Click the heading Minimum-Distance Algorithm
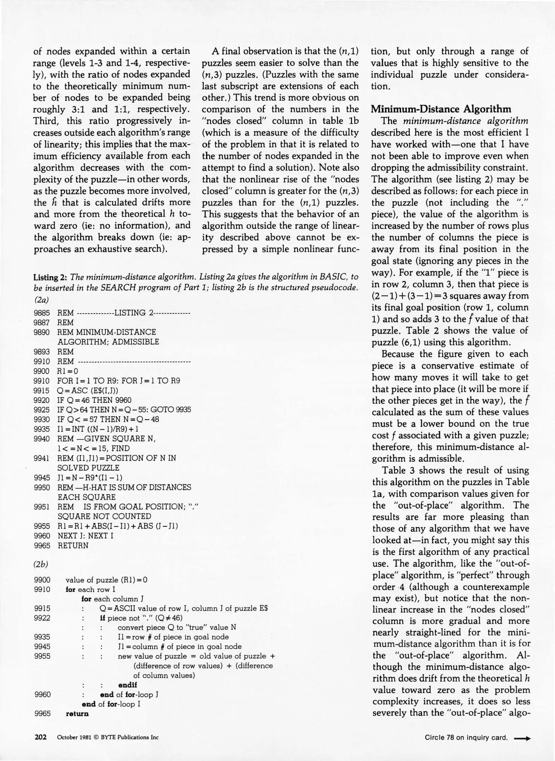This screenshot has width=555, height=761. coord(441,109)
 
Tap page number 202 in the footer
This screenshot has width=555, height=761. coord(41,737)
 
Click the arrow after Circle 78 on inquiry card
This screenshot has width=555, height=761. coord(522,738)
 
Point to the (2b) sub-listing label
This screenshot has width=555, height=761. coord(41,564)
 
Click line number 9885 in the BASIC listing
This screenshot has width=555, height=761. coord(42,313)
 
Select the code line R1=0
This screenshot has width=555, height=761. coord(68,371)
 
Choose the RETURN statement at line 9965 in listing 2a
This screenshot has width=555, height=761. coord(73,545)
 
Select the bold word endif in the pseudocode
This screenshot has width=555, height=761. coord(128,685)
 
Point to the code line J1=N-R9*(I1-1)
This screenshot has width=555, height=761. coord(90,478)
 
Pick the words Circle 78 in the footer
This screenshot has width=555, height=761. coord(439,738)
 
